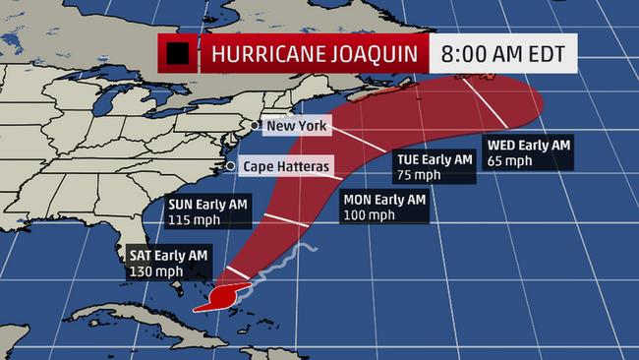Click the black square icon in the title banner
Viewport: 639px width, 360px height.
point(178,54)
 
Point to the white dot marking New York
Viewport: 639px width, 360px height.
point(255,125)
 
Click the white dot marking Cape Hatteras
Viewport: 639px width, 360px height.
point(230,166)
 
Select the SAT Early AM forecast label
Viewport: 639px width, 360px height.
point(168,255)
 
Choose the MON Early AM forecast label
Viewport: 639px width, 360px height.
point(385,200)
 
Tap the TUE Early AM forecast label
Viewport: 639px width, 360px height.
point(435,158)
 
